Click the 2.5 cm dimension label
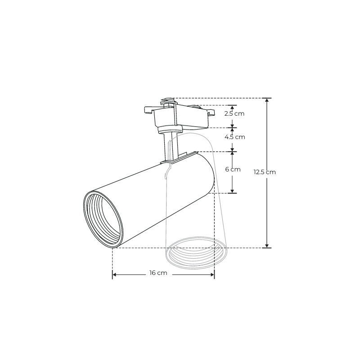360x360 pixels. pos(234,113)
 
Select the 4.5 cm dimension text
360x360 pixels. pos(234,137)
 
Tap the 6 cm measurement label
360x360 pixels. pos(233,170)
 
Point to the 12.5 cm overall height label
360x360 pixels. pos(265,172)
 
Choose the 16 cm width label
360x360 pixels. pos(158,273)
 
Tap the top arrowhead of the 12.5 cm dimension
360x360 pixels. pos(267,101)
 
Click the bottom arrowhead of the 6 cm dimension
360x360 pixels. pos(233,190)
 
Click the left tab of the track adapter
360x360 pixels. pos(148,109)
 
